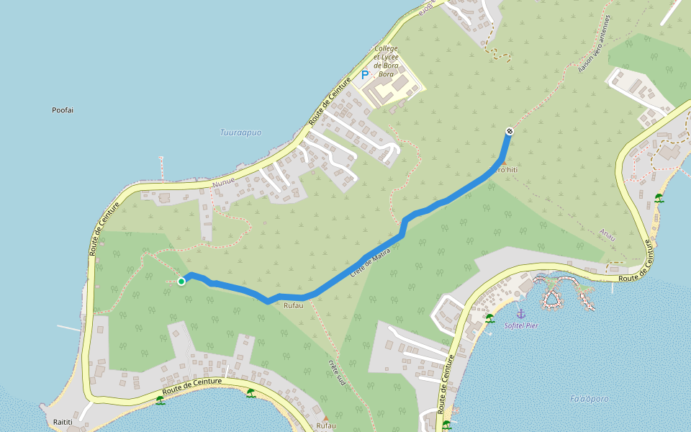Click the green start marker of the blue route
181,282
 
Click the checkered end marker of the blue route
509,131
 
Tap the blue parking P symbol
365,74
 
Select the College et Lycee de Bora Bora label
387,61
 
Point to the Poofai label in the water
63,110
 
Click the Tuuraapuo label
240,132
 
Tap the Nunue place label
224,184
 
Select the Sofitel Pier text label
522,325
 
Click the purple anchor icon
520,314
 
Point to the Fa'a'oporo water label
590,399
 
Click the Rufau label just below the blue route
294,306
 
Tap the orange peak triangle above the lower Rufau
325,418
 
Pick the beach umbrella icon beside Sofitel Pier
489,318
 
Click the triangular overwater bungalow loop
552,296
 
